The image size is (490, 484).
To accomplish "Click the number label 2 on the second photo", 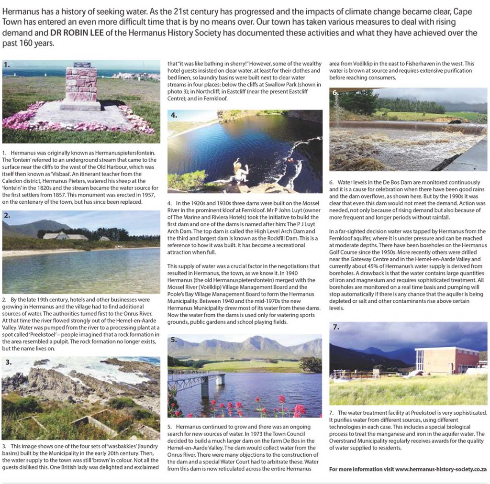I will pyautogui.click(x=7, y=216).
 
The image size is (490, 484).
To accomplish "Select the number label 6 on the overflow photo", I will pyautogui.click(x=336, y=93).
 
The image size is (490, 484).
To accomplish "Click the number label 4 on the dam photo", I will pyautogui.click(x=174, y=115).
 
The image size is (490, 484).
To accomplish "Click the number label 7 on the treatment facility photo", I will pyautogui.click(x=336, y=328).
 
